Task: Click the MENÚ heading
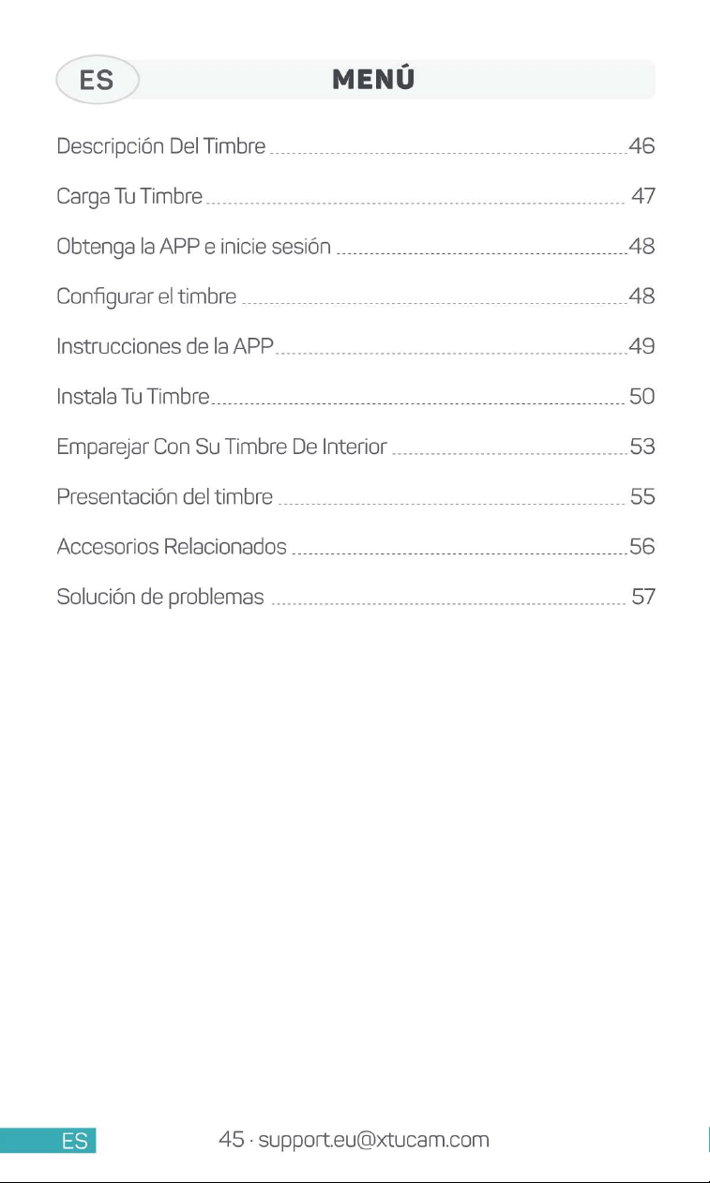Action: pos(373,78)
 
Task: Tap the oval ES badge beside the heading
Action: pos(98,79)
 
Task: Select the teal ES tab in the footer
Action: pos(48,1140)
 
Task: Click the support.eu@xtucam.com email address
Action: pos(373,1140)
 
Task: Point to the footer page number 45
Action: pos(232,1139)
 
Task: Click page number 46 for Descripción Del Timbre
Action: pos(642,145)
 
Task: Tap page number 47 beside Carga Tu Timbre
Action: pos(643,196)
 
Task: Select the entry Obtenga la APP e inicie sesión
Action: pos(194,247)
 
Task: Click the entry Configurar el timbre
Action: pos(146,296)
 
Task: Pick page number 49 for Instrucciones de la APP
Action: pos(642,346)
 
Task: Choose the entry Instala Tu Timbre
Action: pos(133,396)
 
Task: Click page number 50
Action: pos(642,396)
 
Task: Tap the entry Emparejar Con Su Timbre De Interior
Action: pos(221,447)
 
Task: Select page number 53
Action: pos(642,447)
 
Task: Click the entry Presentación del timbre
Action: pos(165,497)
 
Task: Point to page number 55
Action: pos(642,496)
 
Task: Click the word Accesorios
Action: pos(108,547)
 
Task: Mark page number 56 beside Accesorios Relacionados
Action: pos(642,547)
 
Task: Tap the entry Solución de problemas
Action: pos(160,598)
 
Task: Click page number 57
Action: pos(643,597)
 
